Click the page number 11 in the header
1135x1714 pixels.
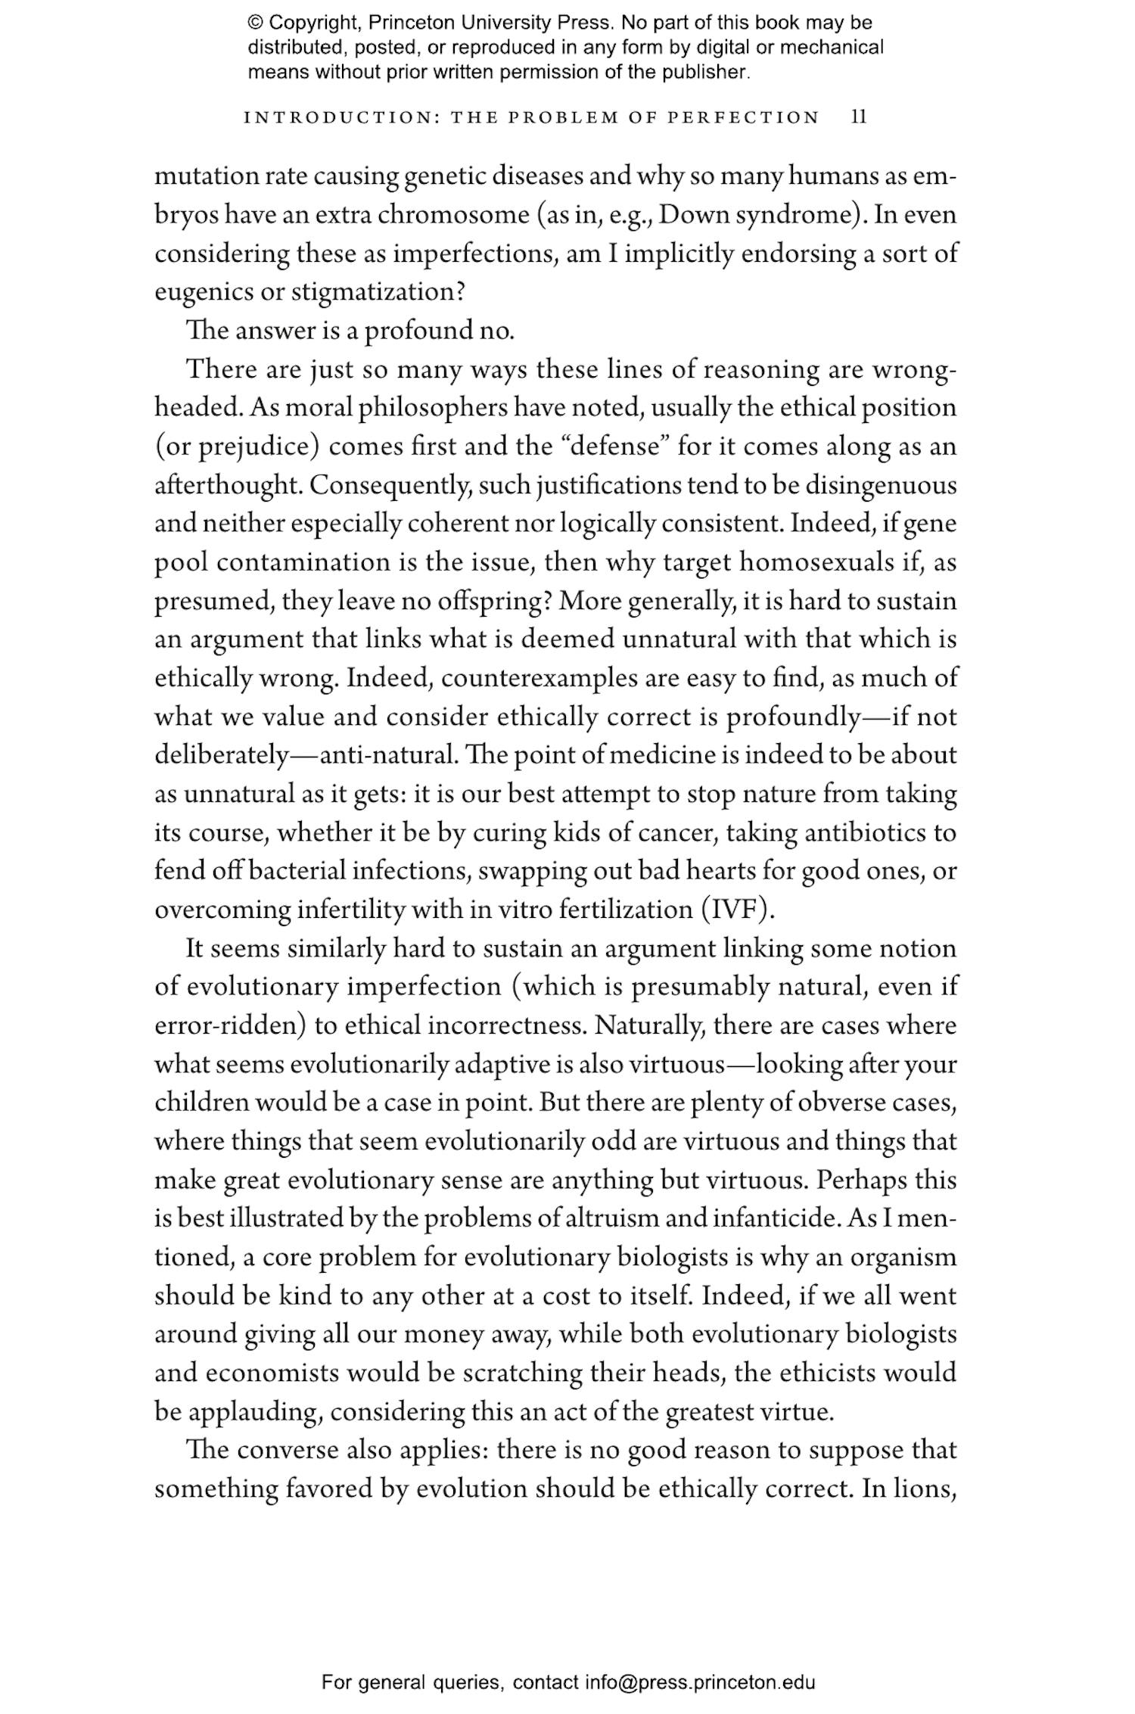(x=859, y=117)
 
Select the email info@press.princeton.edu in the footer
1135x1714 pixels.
(x=699, y=1682)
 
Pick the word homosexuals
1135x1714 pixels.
(x=813, y=562)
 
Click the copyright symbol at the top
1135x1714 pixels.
(x=254, y=23)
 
